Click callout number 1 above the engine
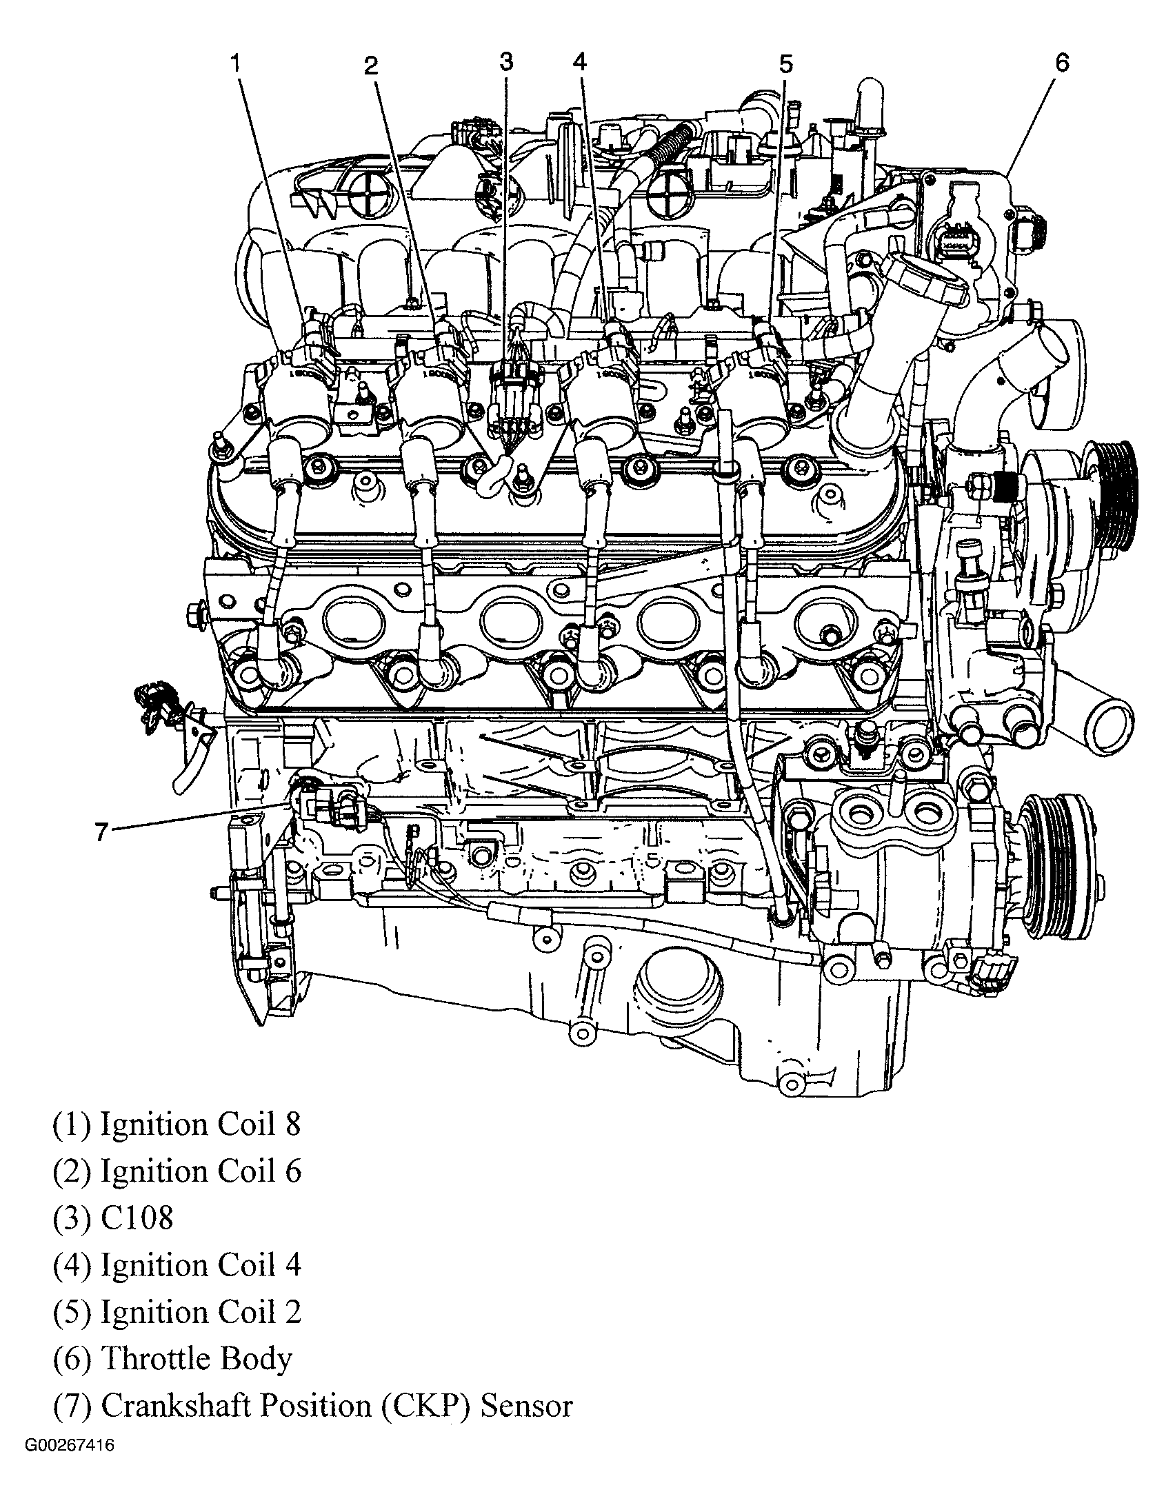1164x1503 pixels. click(235, 64)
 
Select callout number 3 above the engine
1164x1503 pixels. click(506, 63)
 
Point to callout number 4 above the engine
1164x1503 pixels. click(579, 63)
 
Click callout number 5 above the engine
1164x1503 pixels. click(785, 65)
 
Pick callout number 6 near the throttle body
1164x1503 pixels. click(1061, 63)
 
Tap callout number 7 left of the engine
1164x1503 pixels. click(101, 833)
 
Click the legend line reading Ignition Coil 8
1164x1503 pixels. click(177, 1124)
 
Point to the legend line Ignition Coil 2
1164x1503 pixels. click(177, 1312)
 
